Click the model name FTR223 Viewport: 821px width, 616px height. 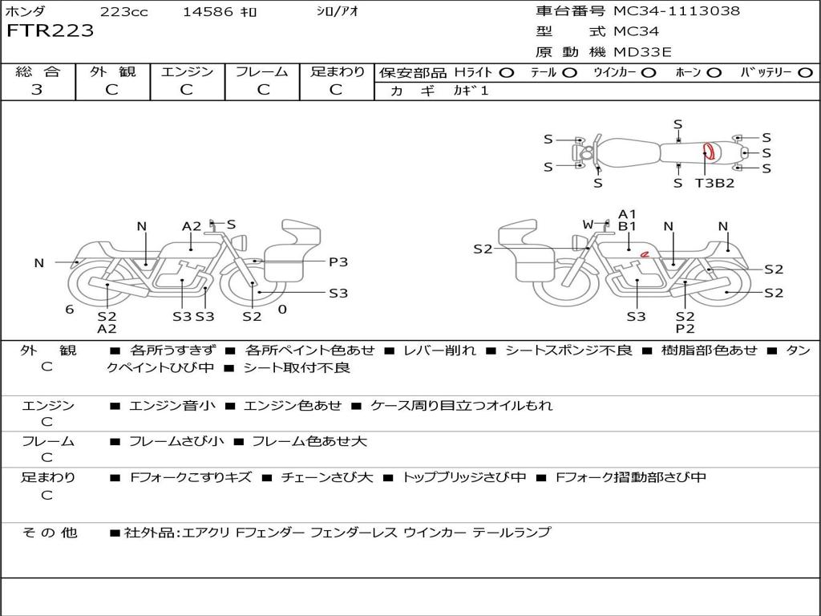click(51, 31)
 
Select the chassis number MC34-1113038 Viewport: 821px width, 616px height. click(677, 11)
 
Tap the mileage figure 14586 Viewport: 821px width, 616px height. click(207, 12)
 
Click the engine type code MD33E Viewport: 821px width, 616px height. click(642, 52)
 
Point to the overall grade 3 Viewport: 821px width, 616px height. click(37, 90)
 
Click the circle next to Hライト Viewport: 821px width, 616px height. click(506, 73)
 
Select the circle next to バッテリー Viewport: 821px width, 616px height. click(805, 73)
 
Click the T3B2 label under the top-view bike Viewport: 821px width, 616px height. click(714, 183)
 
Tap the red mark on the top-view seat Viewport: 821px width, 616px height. click(709, 151)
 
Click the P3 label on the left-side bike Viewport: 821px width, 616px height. click(338, 262)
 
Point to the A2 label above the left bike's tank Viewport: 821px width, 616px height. click(192, 226)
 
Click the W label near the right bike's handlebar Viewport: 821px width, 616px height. click(588, 225)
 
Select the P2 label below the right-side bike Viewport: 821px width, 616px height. click(685, 329)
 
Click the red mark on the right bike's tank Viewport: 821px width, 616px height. click(645, 254)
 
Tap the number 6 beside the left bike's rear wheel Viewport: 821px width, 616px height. click(70, 310)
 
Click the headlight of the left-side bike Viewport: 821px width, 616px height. click(241, 243)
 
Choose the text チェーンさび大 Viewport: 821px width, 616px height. click(327, 477)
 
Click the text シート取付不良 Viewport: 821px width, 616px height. click(297, 367)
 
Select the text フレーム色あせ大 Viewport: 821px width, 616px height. click(309, 441)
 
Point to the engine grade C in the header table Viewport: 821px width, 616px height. click(186, 90)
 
